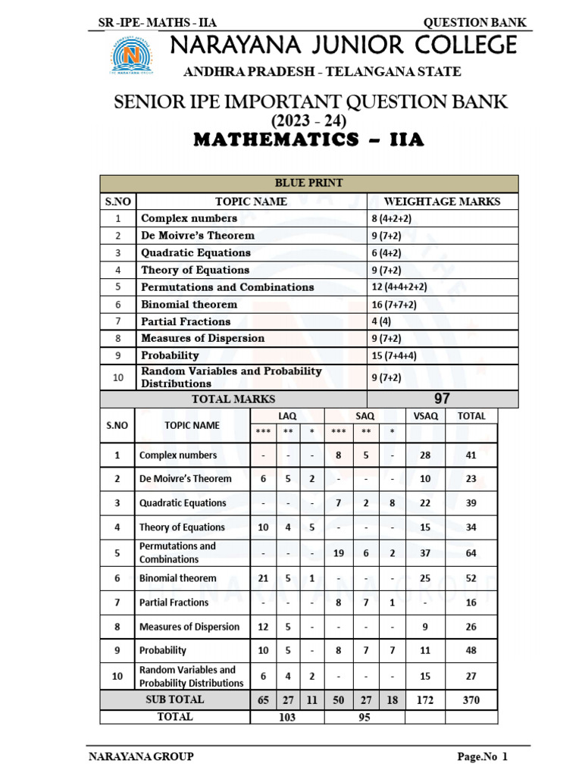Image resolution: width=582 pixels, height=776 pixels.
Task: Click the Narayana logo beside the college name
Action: coord(133,55)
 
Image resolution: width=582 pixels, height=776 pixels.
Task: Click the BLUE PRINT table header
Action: coord(309,183)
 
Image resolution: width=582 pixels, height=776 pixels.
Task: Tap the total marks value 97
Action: coord(442,399)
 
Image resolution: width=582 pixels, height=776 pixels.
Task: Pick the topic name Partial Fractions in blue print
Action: coord(186,321)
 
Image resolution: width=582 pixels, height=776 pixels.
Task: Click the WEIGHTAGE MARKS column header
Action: coord(442,202)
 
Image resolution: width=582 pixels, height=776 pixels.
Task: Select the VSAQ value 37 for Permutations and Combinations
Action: coord(425,553)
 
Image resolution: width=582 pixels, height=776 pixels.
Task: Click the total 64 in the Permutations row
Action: coord(471,553)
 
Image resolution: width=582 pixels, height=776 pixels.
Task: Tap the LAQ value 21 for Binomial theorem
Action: coord(263,578)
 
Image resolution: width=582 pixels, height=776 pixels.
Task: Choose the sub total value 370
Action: coord(471,700)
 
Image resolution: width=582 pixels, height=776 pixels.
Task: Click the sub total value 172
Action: coord(425,700)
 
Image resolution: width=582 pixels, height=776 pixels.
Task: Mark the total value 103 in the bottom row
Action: coord(287,717)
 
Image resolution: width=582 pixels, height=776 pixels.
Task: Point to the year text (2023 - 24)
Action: coord(309,121)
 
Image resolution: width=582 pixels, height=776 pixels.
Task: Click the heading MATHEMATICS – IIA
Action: coord(309,140)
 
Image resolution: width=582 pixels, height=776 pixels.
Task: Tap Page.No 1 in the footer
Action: coord(482,756)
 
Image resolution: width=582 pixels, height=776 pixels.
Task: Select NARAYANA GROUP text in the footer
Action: coord(141,756)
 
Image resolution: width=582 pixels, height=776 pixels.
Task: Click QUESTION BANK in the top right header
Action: coord(474,23)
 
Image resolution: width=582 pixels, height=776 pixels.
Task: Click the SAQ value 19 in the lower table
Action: coord(339,553)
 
